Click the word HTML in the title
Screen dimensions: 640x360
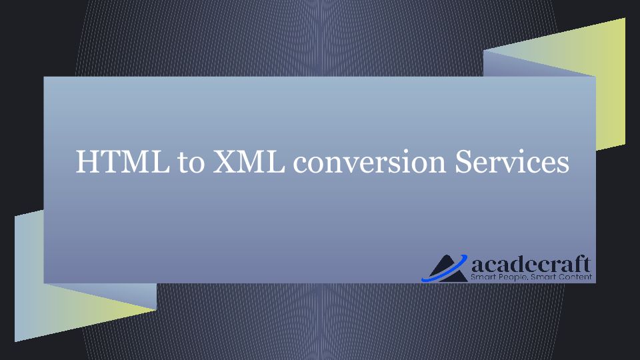[x=123, y=161]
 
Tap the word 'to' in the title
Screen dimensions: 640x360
[x=191, y=163]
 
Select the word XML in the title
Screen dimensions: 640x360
[x=249, y=161]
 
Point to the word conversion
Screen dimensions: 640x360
[x=369, y=163]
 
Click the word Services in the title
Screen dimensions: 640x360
[x=512, y=161]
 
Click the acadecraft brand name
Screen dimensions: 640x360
[x=531, y=264]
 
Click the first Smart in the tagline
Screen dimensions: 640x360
[x=481, y=277]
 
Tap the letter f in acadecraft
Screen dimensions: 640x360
[x=579, y=264]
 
